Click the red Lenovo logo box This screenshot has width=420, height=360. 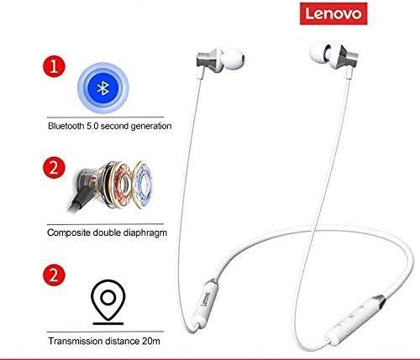333,13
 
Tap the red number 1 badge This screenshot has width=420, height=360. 54,67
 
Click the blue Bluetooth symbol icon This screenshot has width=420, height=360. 103,88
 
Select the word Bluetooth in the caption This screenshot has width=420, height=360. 66,126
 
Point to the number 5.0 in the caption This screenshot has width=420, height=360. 92,126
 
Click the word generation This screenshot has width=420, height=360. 151,126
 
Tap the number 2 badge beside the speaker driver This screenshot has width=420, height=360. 54,169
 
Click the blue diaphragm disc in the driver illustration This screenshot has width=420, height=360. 144,184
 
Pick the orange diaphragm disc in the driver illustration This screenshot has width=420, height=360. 123,185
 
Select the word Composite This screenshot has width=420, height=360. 69,232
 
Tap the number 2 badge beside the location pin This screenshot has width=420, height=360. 54,274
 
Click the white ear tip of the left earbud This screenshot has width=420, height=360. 233,60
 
